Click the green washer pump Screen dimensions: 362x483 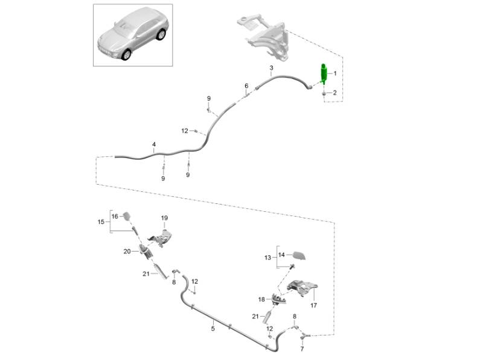[x=324, y=75]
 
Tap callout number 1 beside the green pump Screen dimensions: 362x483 [x=336, y=74]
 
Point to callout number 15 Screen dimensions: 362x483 [x=101, y=222]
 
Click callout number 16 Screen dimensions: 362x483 [x=115, y=215]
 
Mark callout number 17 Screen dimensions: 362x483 [x=313, y=305]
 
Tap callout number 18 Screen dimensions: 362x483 [x=261, y=299]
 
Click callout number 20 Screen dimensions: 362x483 [x=127, y=251]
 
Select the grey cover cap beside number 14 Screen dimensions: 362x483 [x=300, y=256]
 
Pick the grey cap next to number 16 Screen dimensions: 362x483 [x=127, y=215]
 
